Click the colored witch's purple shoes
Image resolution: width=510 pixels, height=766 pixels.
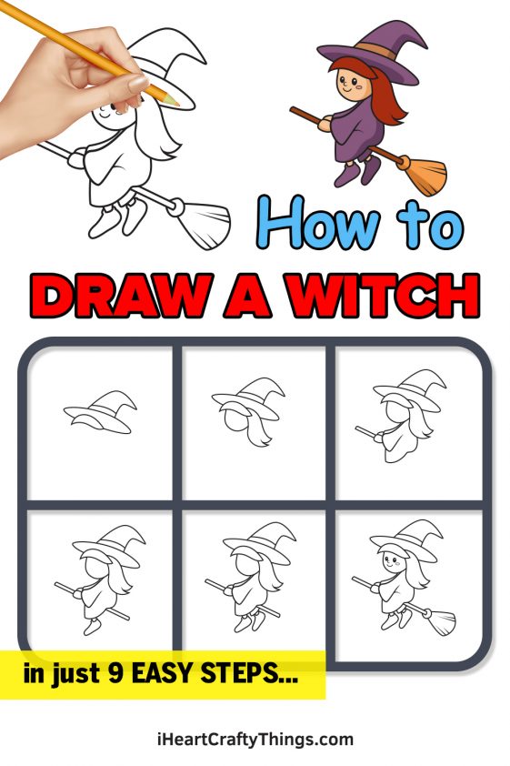click(x=357, y=171)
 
